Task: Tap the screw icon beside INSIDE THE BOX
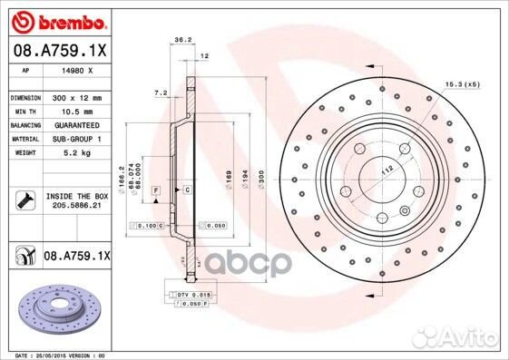[x=24, y=201]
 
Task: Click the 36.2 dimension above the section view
[x=181, y=40]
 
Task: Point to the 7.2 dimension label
[x=161, y=92]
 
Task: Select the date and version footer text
[x=54, y=355]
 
